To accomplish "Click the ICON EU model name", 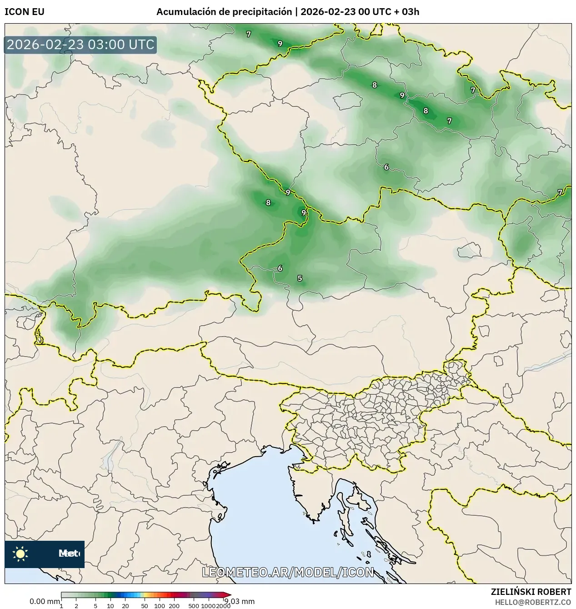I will [25, 12].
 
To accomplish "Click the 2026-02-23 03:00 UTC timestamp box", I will [80, 45].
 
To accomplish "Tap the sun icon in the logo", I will [20, 554].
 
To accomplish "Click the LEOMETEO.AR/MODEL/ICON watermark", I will [288, 572].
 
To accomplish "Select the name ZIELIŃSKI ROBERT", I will [531, 592].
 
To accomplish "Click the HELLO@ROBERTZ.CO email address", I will [533, 602].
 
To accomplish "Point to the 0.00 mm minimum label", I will [45, 602].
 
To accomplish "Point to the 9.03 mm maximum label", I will [240, 602].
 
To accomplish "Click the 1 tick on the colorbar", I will [61, 605].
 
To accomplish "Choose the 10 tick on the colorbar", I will [110, 605].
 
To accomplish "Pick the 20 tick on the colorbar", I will [125, 605].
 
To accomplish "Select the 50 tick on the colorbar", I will [145, 605].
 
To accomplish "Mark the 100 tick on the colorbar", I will [160, 605].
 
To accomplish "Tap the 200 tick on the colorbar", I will [174, 605].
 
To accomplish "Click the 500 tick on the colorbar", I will [194, 605].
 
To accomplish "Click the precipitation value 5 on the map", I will [300, 278].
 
